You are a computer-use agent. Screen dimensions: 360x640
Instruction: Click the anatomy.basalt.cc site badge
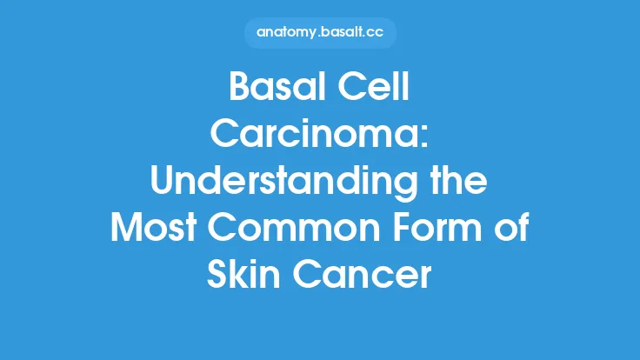tap(320, 32)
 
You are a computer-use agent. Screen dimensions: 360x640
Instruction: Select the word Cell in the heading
tap(377, 90)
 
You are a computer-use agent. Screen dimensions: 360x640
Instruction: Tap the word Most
tap(156, 229)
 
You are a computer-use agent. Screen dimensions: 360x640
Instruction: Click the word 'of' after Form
tap(513, 229)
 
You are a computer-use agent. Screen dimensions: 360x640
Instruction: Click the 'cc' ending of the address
tap(374, 32)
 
